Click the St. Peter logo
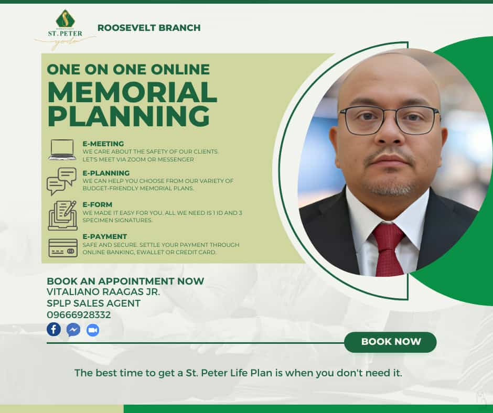coord(65,29)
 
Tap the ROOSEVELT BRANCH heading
coord(149,28)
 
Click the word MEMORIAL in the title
coord(132,92)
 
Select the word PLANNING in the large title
coord(128,116)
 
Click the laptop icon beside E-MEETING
coord(62,150)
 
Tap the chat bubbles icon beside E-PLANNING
coord(62,181)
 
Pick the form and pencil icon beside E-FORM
coord(62,215)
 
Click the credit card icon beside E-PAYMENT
coord(63,248)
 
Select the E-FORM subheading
coord(98,204)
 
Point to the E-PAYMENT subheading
coord(105,236)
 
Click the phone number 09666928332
coord(79,315)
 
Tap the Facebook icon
coord(54,329)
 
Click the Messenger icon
coord(73,330)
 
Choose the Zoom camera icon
coord(93,330)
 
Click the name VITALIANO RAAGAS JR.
coord(103,292)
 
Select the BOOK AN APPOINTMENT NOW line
coord(125,281)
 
